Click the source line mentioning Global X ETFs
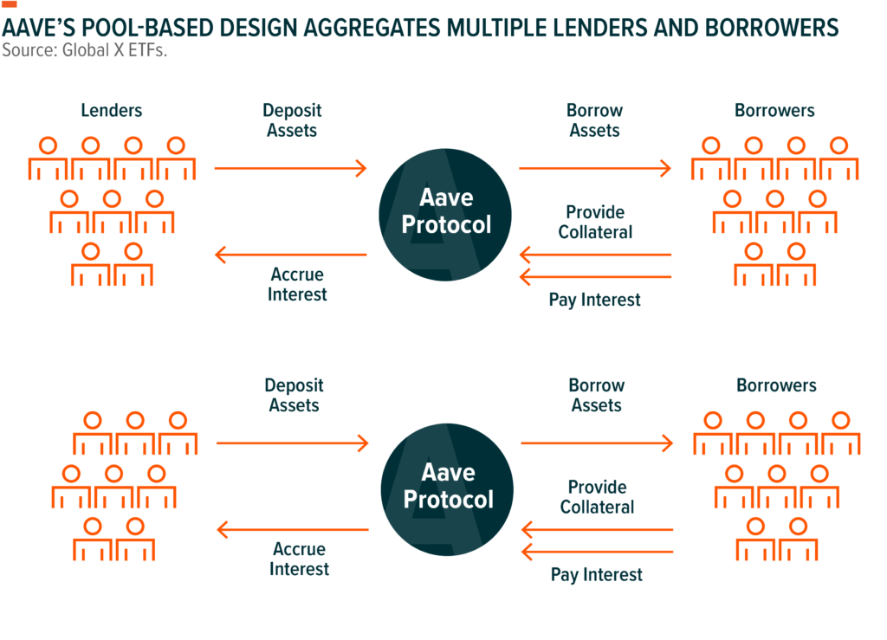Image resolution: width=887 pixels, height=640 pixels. click(85, 50)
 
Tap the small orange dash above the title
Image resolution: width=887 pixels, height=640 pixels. click(10, 4)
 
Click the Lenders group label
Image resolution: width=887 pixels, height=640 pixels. click(112, 110)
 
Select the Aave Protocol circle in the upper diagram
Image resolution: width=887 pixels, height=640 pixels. click(445, 215)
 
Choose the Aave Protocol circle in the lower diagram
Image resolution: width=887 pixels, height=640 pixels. click(447, 489)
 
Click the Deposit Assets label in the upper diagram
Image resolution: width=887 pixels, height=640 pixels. click(292, 120)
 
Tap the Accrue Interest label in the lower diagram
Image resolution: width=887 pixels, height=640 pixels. click(299, 559)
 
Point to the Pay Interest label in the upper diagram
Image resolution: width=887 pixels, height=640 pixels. click(594, 300)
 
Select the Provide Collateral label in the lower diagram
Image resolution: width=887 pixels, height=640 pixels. click(598, 497)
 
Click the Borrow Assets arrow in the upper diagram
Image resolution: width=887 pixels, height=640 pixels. click(595, 168)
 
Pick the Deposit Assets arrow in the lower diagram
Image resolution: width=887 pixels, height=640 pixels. click(293, 443)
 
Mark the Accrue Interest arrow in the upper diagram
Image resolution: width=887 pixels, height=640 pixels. click(291, 255)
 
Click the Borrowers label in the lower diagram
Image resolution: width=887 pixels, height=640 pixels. click(777, 385)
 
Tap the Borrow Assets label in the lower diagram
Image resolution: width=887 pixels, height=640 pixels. click(597, 395)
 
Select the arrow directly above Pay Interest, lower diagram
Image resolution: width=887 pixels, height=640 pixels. click(598, 552)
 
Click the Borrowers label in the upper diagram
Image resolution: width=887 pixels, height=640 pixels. click(775, 110)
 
